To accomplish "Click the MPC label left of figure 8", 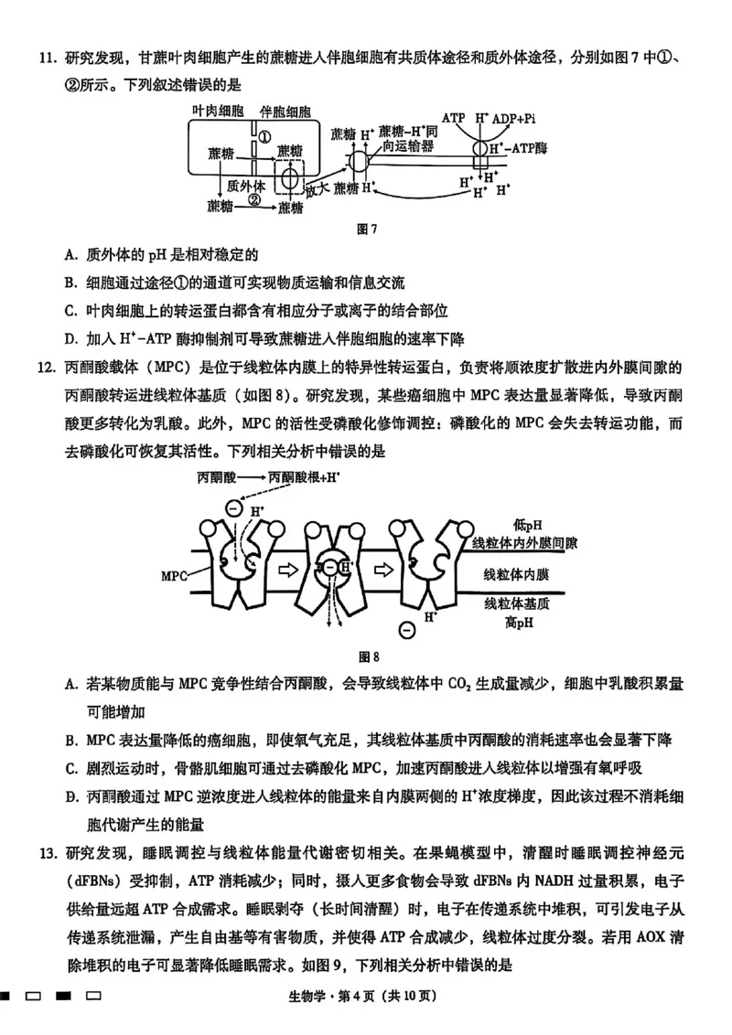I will coord(174,576).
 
